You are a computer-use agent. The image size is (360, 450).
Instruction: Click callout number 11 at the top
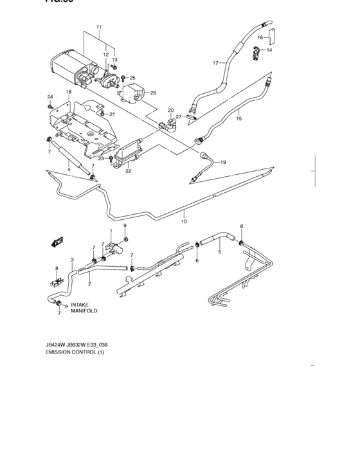(x=99, y=28)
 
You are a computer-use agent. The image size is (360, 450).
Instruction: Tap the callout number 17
(x=216, y=63)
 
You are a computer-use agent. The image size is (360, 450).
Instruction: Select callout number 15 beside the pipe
(x=239, y=118)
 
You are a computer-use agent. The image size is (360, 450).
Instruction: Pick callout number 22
(x=128, y=171)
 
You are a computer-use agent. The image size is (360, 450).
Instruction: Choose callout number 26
(x=153, y=93)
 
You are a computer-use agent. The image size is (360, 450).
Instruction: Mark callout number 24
(x=50, y=97)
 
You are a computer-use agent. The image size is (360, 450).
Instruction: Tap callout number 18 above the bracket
(x=68, y=93)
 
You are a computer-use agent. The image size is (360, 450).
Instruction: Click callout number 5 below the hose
(x=219, y=252)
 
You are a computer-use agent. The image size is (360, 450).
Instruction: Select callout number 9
(x=125, y=226)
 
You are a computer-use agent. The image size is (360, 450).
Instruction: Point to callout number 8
(x=57, y=267)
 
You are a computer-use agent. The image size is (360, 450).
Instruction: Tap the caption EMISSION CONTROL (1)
(x=74, y=353)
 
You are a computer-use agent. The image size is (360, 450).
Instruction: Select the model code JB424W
(x=57, y=344)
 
